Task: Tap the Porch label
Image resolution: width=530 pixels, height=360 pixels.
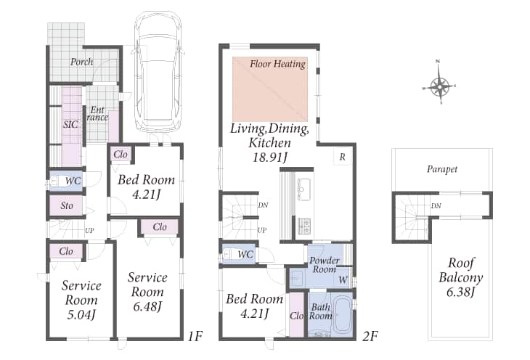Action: [x=82, y=62]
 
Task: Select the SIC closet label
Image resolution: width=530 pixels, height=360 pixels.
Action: [x=70, y=124]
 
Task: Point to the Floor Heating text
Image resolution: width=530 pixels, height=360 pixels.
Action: [x=278, y=64]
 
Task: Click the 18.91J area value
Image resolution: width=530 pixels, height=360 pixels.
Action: [x=270, y=157]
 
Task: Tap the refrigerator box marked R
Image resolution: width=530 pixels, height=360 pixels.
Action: [x=343, y=157]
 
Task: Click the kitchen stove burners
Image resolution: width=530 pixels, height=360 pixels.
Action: [x=304, y=226]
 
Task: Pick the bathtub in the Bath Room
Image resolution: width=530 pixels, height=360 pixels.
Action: [x=343, y=316]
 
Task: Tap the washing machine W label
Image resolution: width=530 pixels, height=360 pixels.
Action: [x=343, y=280]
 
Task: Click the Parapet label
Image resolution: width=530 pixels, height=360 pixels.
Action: [x=442, y=169]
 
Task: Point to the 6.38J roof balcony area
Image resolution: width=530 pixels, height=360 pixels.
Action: [x=461, y=292]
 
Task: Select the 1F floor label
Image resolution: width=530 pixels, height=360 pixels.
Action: [x=195, y=336]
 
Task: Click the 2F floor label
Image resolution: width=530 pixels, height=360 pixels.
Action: [x=370, y=336]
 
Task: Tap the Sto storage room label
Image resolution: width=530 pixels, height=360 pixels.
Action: [x=67, y=205]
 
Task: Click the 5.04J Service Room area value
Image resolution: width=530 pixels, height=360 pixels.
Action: [x=81, y=315]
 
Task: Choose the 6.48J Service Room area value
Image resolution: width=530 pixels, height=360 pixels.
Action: [x=147, y=306]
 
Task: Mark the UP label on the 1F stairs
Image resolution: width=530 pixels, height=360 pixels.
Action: [x=89, y=231]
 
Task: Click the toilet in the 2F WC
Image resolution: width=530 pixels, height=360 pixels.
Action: [x=232, y=254]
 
